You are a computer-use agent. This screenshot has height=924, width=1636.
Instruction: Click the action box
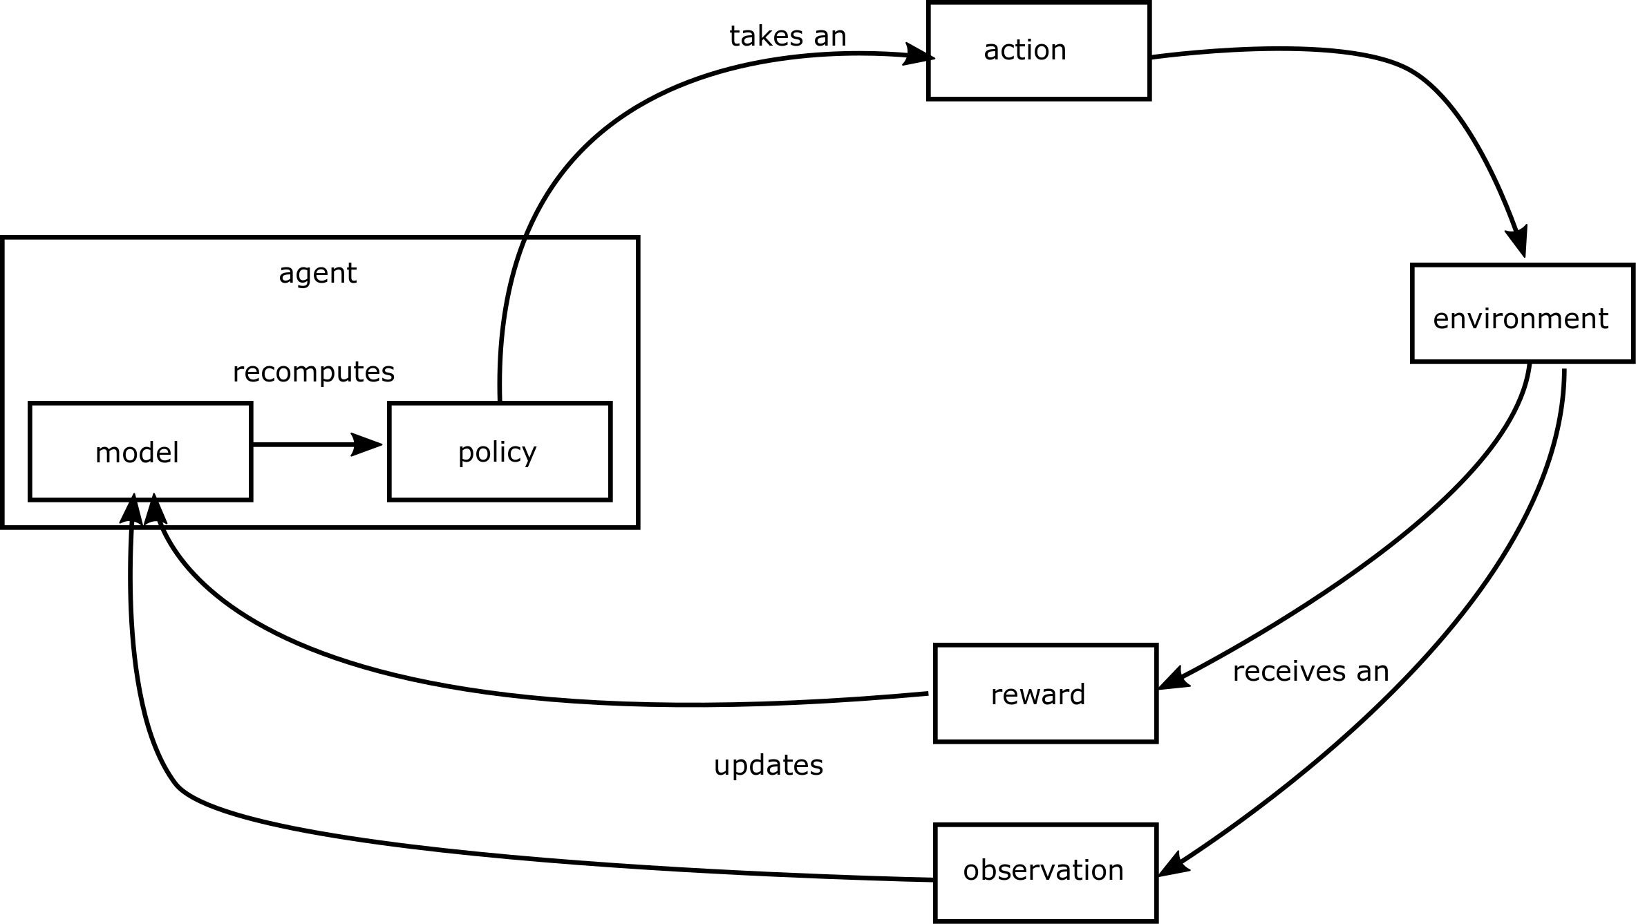click(x=1038, y=51)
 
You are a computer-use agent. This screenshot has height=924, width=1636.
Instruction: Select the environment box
click(x=1523, y=313)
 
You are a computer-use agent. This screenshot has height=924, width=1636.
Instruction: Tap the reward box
click(x=1045, y=694)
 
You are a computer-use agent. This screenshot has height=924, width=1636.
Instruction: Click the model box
click(x=140, y=451)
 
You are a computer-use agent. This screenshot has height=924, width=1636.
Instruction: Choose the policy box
click(x=500, y=451)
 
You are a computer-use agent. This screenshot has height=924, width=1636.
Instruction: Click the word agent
click(x=317, y=274)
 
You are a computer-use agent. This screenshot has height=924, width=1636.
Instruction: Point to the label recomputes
click(x=313, y=373)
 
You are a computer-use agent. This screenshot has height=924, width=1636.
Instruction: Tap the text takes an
click(x=788, y=36)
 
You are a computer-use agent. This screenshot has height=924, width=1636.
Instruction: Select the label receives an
click(x=1310, y=672)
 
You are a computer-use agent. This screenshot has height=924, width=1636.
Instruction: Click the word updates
click(x=768, y=766)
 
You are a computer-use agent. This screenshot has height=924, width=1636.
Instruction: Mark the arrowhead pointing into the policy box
click(x=366, y=444)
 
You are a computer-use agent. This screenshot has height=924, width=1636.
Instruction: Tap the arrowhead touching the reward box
click(x=1174, y=679)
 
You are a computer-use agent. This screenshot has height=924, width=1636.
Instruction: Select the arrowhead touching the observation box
click(x=1174, y=866)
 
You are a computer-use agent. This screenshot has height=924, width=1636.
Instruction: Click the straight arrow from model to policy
click(x=304, y=444)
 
